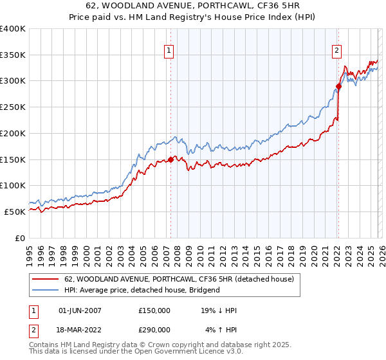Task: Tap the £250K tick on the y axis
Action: [x=13, y=107]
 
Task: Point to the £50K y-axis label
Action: [x=15, y=212]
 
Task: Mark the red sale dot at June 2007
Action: [x=170, y=159]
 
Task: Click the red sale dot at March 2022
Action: [x=338, y=86]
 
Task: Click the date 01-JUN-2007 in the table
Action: [x=80, y=310]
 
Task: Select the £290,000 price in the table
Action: [x=154, y=329]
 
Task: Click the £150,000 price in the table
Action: [x=154, y=310]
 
